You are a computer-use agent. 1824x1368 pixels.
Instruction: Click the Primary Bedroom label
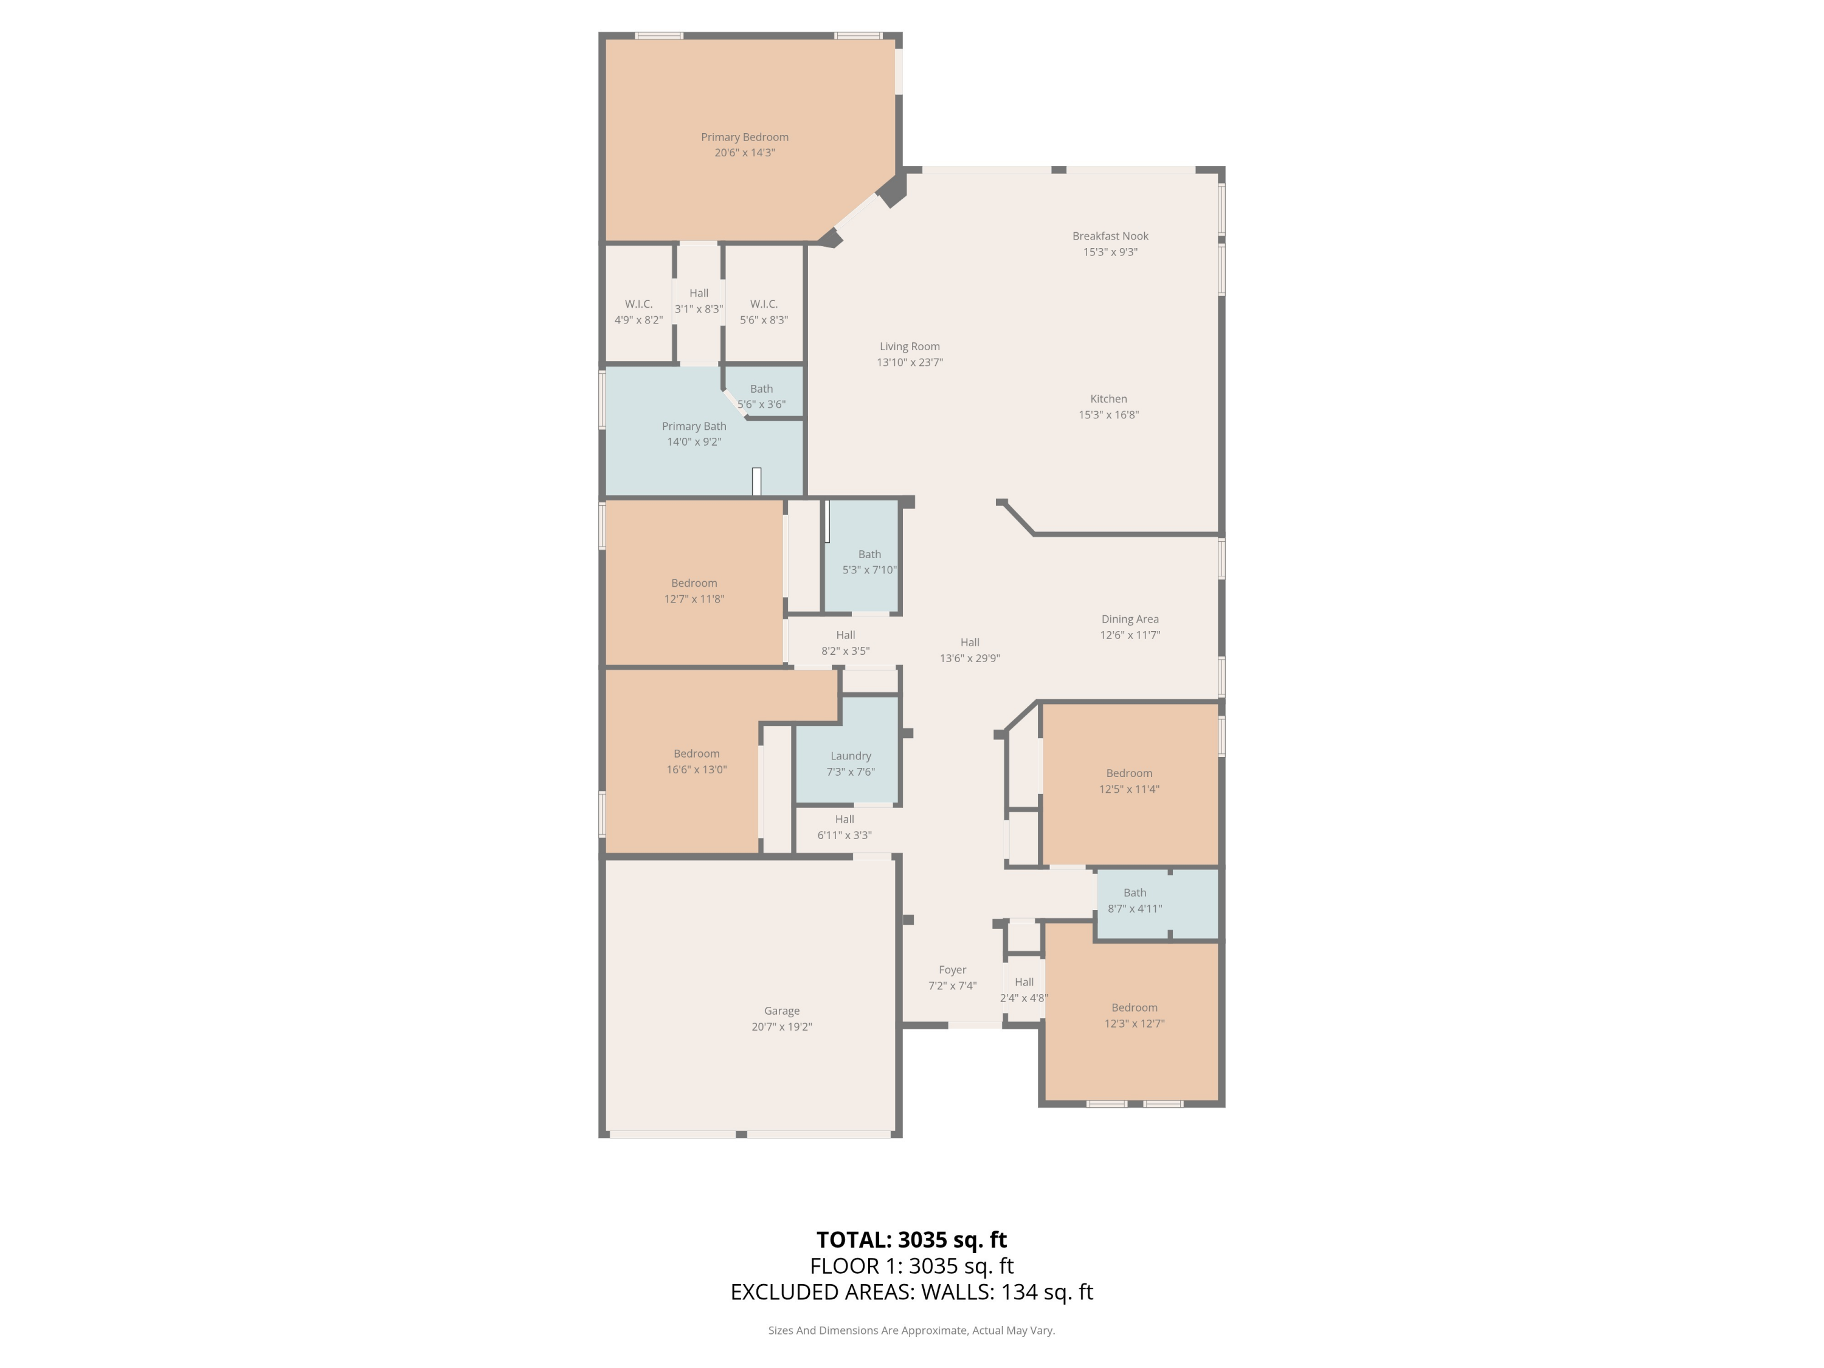click(745, 137)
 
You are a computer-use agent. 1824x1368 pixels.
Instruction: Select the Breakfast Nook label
click(1110, 236)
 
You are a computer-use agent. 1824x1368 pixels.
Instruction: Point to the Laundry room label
click(850, 756)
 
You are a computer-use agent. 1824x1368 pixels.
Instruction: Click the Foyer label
click(952, 970)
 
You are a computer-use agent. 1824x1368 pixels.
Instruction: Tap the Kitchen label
click(1108, 399)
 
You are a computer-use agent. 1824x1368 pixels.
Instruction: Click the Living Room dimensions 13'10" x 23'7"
click(910, 362)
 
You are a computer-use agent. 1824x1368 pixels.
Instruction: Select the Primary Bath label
click(694, 426)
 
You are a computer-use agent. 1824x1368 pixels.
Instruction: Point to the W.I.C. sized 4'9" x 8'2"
click(638, 312)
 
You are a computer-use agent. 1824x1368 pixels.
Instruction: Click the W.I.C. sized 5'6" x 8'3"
click(764, 312)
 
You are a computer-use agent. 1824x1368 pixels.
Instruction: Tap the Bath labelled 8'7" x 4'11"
click(1135, 900)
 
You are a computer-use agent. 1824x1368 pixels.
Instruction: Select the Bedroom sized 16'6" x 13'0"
click(696, 761)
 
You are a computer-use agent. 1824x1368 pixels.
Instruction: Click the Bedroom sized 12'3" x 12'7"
click(1134, 1015)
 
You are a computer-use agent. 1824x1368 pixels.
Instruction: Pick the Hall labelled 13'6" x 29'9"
click(970, 650)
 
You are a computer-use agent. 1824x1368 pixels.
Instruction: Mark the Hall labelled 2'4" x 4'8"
click(1023, 989)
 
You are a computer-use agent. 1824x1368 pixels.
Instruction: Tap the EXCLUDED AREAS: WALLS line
click(911, 1291)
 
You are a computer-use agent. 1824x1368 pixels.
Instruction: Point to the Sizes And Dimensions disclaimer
click(911, 1330)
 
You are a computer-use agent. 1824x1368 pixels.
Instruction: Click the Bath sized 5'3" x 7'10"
click(869, 562)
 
